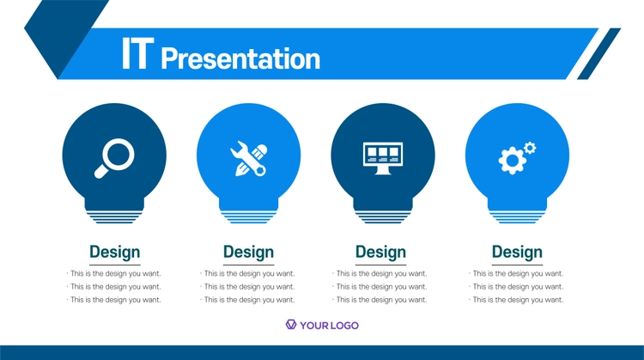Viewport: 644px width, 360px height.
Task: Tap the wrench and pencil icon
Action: click(x=248, y=159)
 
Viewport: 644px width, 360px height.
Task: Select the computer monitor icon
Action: click(x=383, y=158)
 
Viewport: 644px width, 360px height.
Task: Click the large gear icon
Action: click(x=512, y=160)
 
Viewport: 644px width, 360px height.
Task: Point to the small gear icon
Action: click(x=530, y=148)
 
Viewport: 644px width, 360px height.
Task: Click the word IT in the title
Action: click(x=137, y=53)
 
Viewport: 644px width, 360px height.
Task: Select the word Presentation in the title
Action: click(x=240, y=58)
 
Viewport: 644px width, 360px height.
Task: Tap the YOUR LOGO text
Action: click(x=329, y=326)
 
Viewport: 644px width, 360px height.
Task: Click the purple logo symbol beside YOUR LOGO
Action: click(x=291, y=325)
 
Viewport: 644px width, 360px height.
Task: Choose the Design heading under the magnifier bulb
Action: click(x=114, y=252)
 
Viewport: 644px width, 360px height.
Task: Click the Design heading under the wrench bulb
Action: click(x=248, y=252)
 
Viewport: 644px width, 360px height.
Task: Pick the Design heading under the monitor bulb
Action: click(x=380, y=252)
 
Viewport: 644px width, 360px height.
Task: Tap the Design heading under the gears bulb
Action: click(x=517, y=252)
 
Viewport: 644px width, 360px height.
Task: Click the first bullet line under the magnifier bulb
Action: click(x=114, y=274)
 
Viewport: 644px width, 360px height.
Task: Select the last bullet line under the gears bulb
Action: click(x=517, y=300)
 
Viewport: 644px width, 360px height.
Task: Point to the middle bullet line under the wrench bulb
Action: click(x=248, y=287)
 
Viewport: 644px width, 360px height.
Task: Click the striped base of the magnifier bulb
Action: click(x=114, y=217)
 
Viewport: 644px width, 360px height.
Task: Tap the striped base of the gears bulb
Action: click(x=518, y=217)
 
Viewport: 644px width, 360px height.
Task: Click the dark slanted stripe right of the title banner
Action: click(x=598, y=54)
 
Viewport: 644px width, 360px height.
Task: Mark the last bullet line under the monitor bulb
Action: click(x=380, y=300)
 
